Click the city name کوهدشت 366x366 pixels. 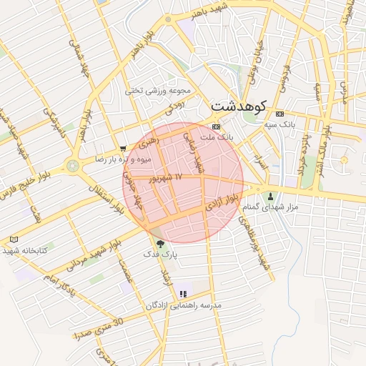[x=239, y=106]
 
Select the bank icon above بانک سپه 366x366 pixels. [x=279, y=114]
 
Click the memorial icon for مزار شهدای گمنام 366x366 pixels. [x=270, y=196]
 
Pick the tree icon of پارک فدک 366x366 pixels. [x=159, y=244]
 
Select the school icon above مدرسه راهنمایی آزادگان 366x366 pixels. [x=184, y=293]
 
